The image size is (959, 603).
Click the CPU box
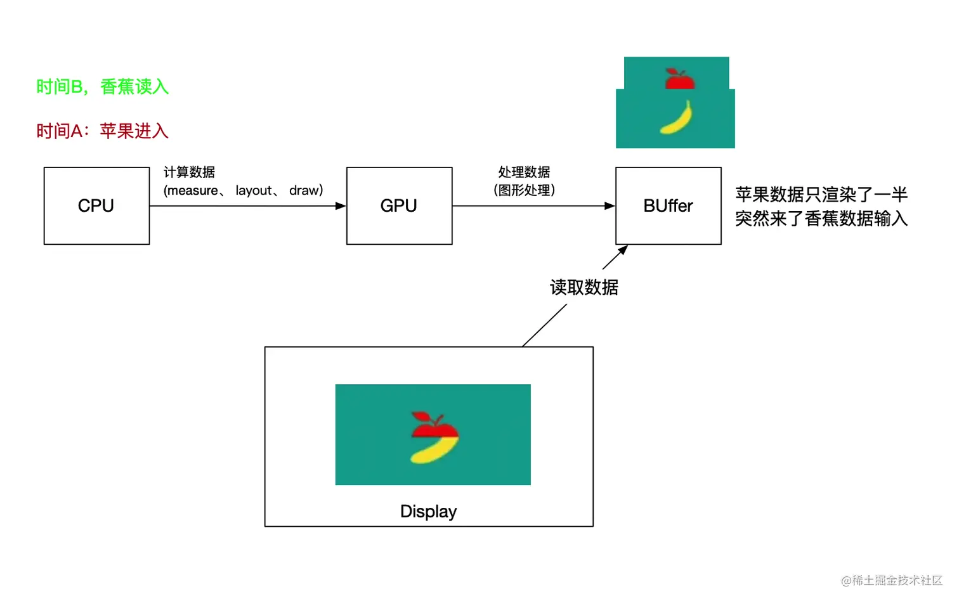(96, 206)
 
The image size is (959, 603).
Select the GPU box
(399, 206)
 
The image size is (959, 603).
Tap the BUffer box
(668, 206)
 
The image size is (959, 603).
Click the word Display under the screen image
(428, 512)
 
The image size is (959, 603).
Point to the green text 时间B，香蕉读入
(102, 86)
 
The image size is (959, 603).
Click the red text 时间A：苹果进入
(102, 131)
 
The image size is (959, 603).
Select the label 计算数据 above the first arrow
(189, 172)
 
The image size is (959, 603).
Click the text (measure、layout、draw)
(243, 191)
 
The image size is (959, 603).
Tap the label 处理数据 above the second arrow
(524, 172)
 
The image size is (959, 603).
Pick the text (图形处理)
(524, 190)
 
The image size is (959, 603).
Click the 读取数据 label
(584, 287)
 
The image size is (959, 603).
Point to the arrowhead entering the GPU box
(341, 206)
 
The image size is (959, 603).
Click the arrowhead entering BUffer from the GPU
(610, 206)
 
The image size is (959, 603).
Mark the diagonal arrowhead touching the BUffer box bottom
(623, 250)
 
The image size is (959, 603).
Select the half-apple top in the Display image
(434, 427)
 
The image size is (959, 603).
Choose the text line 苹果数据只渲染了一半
(821, 195)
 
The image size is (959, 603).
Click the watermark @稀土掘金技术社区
(891, 580)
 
